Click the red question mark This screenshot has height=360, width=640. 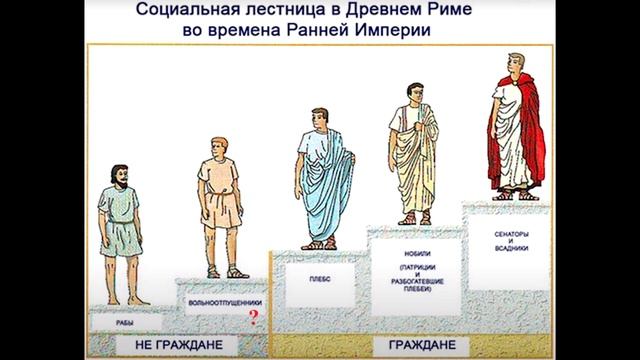[253, 319]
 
